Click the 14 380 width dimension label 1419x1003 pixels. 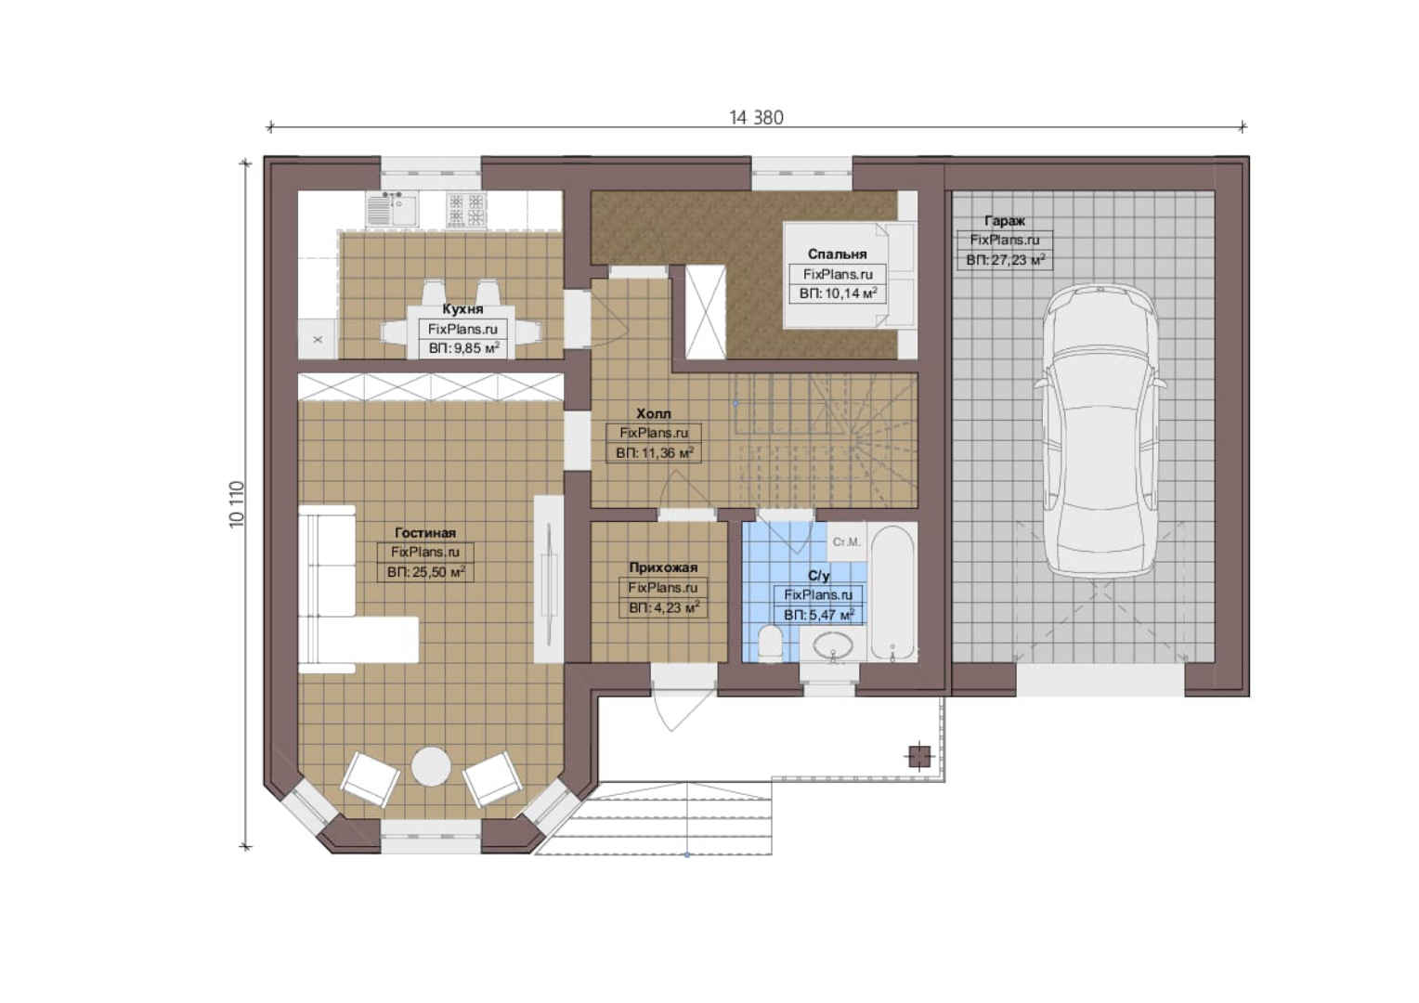[x=756, y=118]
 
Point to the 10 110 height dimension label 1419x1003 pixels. [x=236, y=504]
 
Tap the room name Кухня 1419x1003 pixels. [x=462, y=309]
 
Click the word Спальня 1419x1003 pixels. [x=837, y=254]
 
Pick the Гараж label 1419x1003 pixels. [x=1005, y=221]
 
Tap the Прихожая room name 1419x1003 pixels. [x=663, y=567]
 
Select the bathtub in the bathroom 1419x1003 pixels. [x=892, y=593]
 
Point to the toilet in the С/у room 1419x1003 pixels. [x=770, y=643]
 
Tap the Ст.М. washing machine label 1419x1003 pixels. [x=846, y=542]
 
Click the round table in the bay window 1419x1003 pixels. [x=431, y=767]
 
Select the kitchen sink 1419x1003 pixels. [x=391, y=209]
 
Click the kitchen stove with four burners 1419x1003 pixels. [x=466, y=210]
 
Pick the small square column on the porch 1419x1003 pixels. [x=919, y=756]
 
